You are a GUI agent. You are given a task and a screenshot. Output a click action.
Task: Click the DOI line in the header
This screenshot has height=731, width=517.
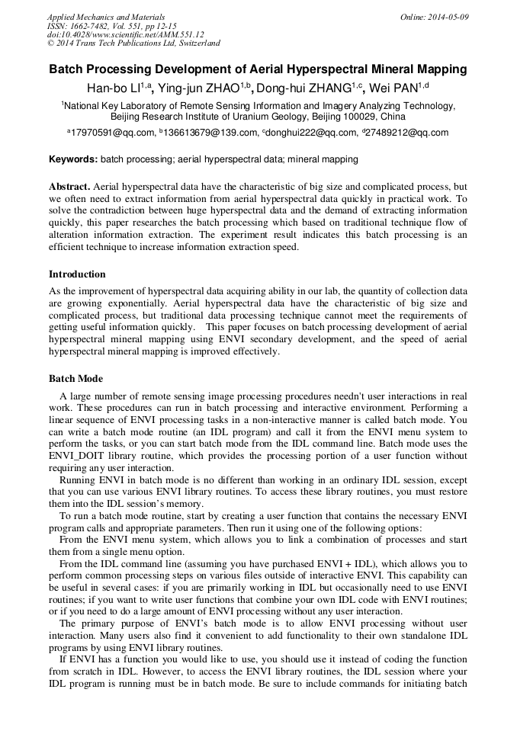click(x=125, y=34)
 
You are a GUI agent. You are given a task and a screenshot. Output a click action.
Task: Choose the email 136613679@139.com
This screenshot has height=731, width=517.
click(x=210, y=133)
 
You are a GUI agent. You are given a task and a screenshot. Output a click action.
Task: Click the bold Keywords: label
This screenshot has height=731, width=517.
click(x=73, y=160)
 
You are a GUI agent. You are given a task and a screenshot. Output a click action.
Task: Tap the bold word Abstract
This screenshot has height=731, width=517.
click(x=69, y=187)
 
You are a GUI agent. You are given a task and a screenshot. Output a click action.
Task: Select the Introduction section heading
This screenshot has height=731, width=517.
click(x=77, y=274)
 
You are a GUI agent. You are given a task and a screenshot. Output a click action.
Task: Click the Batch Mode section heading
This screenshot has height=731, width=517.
click(x=75, y=379)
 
